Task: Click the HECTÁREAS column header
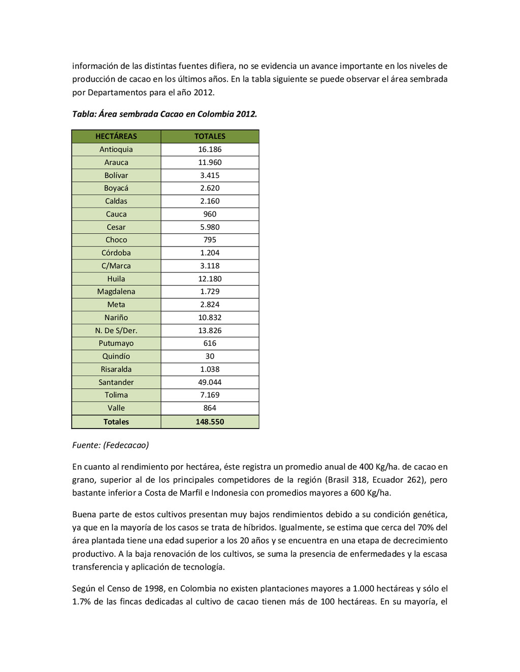116,136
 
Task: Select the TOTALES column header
210,136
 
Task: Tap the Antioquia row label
116,150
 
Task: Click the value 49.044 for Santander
210,382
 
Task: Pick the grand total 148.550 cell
210,422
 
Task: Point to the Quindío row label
116,357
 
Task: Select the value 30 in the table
210,357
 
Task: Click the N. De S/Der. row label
116,331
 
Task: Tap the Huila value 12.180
210,279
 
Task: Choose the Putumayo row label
116,343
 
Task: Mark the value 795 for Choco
210,240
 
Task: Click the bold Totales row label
116,422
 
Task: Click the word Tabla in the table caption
83,114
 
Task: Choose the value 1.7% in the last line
81,602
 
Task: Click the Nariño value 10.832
210,317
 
